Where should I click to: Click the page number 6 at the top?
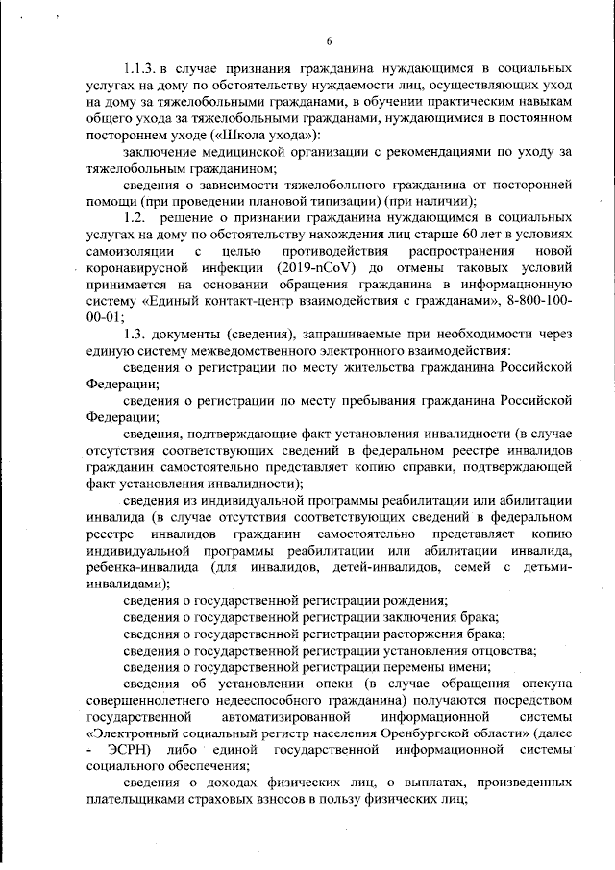329,40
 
